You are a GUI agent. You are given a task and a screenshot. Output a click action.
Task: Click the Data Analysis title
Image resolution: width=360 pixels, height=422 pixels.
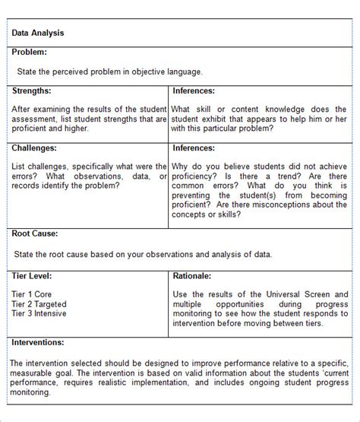[x=38, y=33]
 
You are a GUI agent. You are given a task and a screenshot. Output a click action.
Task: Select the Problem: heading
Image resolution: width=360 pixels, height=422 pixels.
[x=30, y=52]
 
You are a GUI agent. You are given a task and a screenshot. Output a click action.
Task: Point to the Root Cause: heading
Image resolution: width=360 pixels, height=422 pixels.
[x=35, y=233]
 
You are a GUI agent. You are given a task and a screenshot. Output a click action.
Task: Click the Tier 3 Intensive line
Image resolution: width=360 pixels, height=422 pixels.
[x=39, y=313]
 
